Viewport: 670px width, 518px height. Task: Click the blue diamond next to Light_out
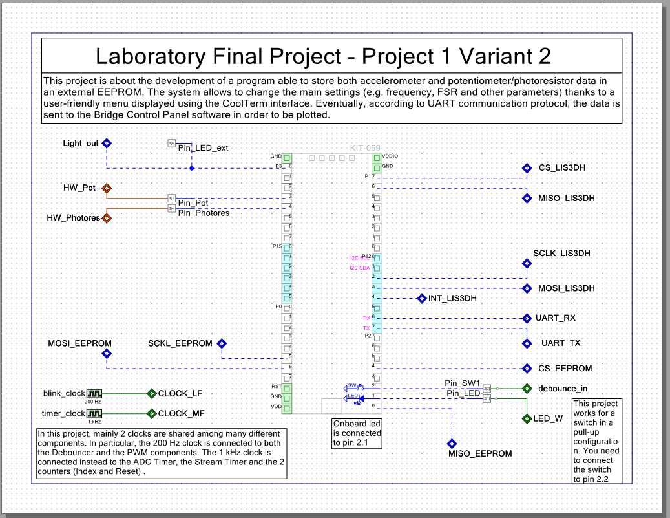coord(108,144)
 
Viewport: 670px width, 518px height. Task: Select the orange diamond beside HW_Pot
coord(107,188)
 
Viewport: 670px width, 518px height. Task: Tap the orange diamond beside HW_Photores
coord(107,218)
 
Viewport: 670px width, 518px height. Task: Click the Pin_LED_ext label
coord(203,148)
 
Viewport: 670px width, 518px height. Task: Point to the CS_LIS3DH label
coord(562,168)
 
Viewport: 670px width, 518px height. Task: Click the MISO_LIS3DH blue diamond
coord(527,198)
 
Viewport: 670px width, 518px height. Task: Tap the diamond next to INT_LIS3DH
coord(421,299)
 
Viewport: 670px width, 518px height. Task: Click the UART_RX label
coord(555,318)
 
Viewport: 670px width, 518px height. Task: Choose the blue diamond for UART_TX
coord(527,342)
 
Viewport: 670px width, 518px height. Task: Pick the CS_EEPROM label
coord(565,368)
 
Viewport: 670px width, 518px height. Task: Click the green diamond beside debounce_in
coord(527,389)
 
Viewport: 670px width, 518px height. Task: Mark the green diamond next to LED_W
coord(527,418)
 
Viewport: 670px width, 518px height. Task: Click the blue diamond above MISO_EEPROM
coord(451,444)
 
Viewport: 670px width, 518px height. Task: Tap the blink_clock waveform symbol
coord(95,393)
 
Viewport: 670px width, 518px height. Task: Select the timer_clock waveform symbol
coord(95,413)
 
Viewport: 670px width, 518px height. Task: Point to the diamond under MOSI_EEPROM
coord(107,354)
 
